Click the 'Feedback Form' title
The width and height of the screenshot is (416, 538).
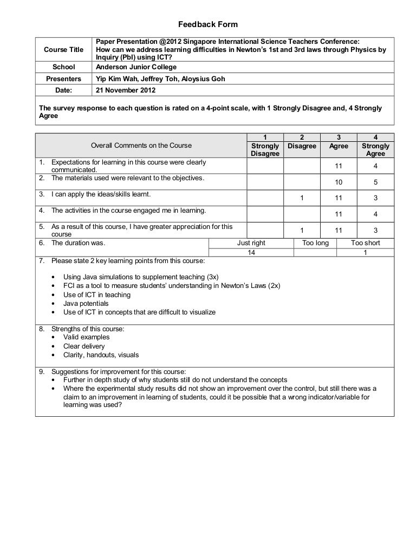click(x=208, y=25)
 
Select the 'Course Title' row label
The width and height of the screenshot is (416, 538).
click(x=64, y=50)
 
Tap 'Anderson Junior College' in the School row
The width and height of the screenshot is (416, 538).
click(x=136, y=68)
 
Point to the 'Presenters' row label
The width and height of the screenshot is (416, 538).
click(x=63, y=78)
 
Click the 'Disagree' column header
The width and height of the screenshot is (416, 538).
click(x=302, y=146)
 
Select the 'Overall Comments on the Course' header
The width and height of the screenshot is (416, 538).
click(x=141, y=146)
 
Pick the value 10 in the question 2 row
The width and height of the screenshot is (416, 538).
click(x=339, y=182)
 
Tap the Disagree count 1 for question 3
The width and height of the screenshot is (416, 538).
click(x=302, y=197)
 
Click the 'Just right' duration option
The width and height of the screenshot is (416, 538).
click(x=251, y=243)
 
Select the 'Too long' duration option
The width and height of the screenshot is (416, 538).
click(x=315, y=243)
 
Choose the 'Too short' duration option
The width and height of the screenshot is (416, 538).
click(x=366, y=243)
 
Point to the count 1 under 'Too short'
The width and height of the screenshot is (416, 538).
click(x=366, y=253)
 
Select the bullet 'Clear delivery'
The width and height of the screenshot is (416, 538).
click(x=84, y=346)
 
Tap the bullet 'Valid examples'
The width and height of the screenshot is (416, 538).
click(x=86, y=337)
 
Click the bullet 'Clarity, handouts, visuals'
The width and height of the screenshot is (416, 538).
click(x=101, y=355)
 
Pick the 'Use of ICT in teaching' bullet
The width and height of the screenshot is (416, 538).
click(x=97, y=295)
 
